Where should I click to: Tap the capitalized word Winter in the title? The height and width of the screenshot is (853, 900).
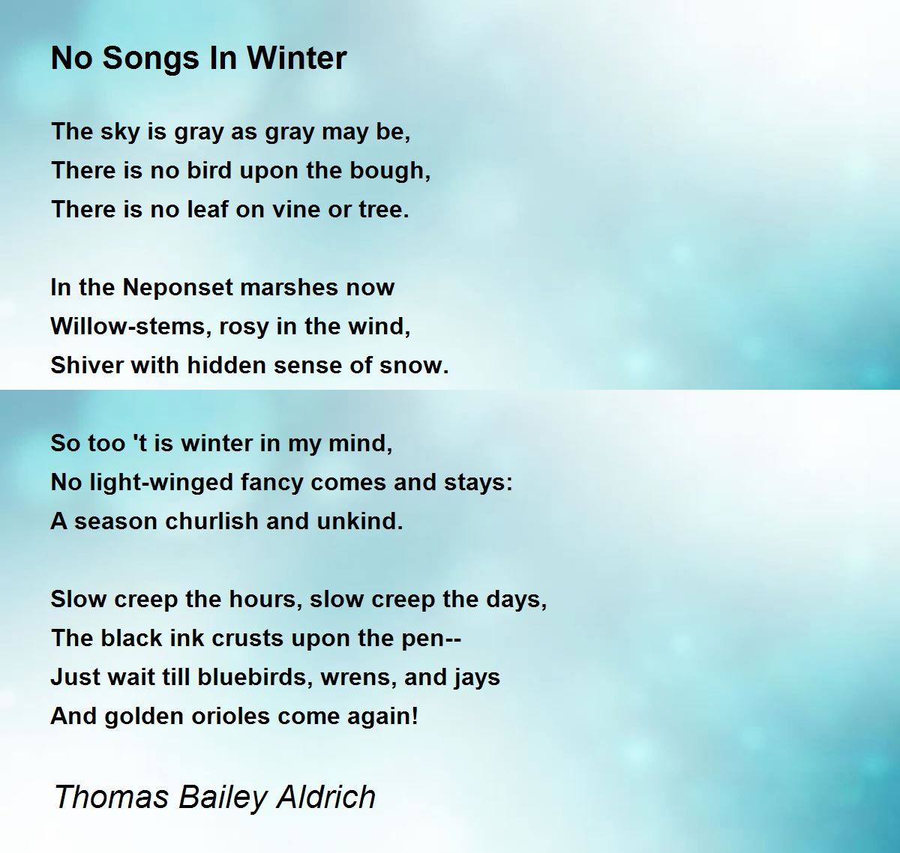click(297, 58)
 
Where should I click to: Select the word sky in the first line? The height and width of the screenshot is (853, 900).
click(121, 132)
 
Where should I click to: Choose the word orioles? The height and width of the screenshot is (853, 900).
click(231, 716)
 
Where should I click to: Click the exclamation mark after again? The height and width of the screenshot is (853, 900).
click(415, 716)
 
